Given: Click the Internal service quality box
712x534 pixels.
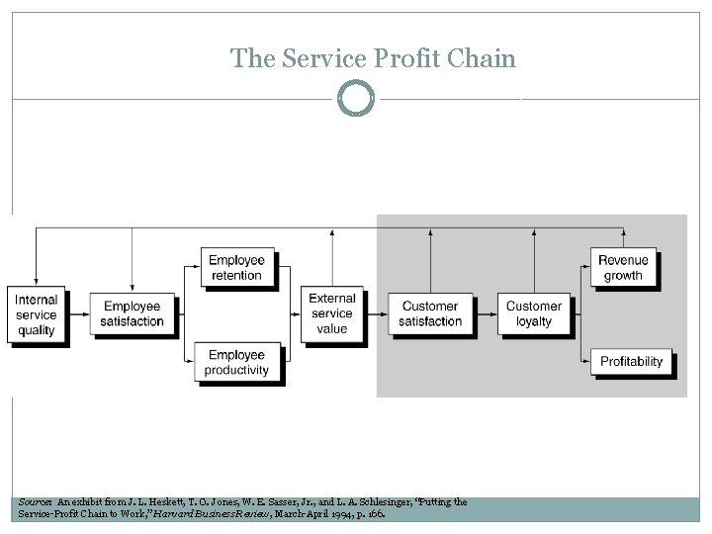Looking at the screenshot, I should coord(37,314).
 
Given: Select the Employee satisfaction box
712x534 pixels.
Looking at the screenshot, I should coord(132,314).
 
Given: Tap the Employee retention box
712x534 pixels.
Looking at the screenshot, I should coord(236,268).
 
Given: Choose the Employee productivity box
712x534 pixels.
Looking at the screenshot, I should coord(236,362).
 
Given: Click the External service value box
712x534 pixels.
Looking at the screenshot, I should coord(332,313).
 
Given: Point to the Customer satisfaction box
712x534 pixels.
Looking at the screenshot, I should coord(430,313).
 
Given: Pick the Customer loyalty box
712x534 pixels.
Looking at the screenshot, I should coord(533,313).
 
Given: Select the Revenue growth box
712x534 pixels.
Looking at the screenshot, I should coord(623,268).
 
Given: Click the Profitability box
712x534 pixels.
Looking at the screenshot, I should coord(631,361).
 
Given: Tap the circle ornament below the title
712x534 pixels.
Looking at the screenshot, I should coord(356,98).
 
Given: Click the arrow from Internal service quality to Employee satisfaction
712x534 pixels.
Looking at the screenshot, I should coord(79,314).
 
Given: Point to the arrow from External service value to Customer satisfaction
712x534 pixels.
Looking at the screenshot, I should coord(377,314).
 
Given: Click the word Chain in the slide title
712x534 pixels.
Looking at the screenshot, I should coord(488,58).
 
